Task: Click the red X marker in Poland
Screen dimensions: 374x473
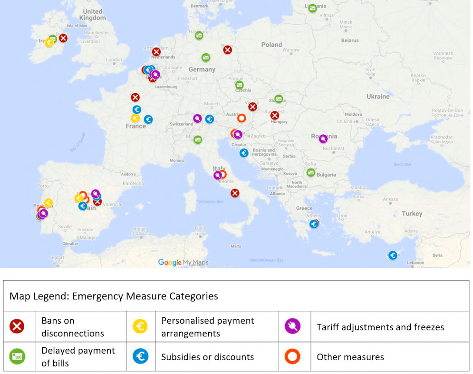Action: point(228,49)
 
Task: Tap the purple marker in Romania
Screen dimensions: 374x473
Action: point(323,139)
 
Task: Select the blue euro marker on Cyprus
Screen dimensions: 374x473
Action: point(393,256)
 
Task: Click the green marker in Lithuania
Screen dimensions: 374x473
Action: point(312,8)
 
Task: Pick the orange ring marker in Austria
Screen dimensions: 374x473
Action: point(241,118)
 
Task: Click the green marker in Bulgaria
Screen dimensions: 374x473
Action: point(310,172)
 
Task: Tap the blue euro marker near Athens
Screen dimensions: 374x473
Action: point(314,224)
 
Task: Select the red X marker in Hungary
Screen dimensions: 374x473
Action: point(275,115)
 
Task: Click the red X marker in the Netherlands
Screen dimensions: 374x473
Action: point(156,51)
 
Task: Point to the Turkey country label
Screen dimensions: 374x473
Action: point(412,214)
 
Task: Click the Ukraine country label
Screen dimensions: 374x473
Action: point(378,97)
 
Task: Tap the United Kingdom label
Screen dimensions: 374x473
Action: point(92,14)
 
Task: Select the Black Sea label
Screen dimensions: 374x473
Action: point(402,165)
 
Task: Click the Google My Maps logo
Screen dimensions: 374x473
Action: point(183,262)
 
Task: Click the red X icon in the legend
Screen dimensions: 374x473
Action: point(17,326)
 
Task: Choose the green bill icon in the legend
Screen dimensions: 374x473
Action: point(17,356)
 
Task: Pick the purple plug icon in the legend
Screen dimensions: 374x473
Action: point(292,326)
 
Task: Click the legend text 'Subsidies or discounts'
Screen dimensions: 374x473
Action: point(207,357)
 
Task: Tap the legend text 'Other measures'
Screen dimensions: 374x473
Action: point(350,357)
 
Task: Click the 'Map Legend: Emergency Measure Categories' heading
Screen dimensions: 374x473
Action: point(114,296)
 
